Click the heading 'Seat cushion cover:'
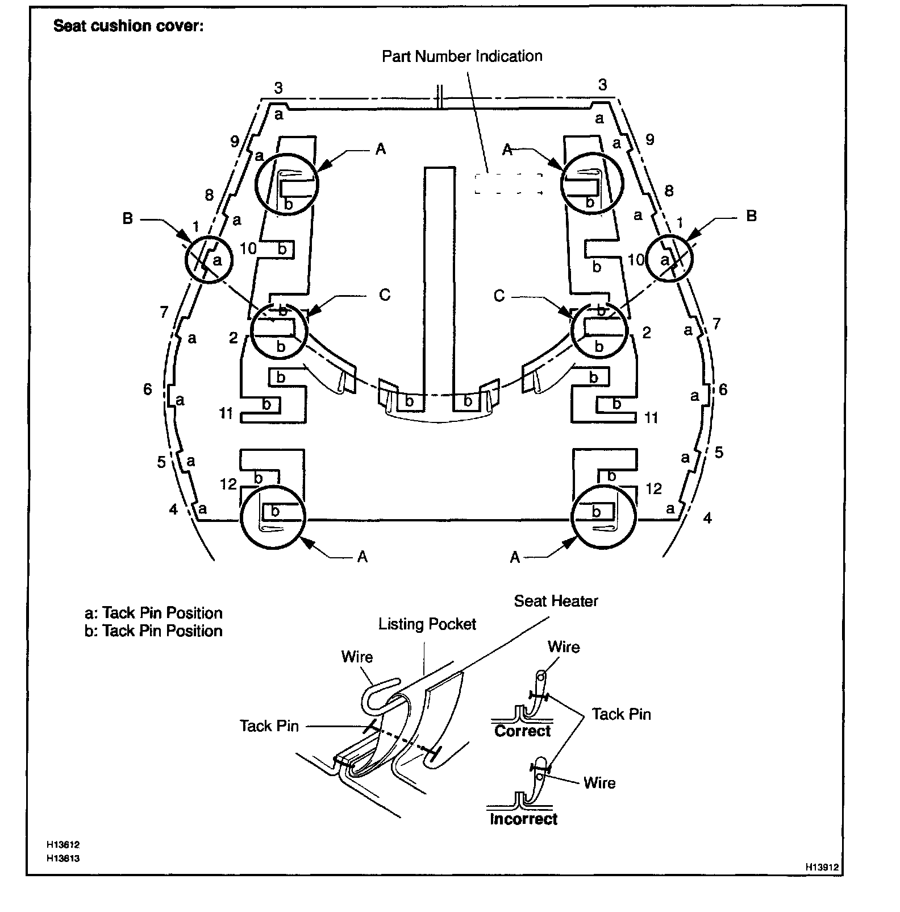pos(128,27)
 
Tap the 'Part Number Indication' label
pos(461,56)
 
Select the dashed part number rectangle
pos(508,184)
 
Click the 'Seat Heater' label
pos(556,601)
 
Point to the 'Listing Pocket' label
pos(427,624)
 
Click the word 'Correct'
pos(522,731)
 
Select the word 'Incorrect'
pos(523,819)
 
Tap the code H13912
pos(822,868)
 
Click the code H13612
pos(63,845)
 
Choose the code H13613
pos(63,859)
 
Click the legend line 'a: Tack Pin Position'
pos(153,613)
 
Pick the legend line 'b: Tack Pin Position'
pos(153,631)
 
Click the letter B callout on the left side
pos(128,218)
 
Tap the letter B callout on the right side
pos(751,216)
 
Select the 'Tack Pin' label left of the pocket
pos(269,726)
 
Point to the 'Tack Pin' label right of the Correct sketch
pos(621,715)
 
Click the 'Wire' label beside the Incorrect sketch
pos(599,783)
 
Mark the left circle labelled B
pos(209,260)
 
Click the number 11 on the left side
pos(227,413)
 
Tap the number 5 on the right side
pos(719,453)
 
